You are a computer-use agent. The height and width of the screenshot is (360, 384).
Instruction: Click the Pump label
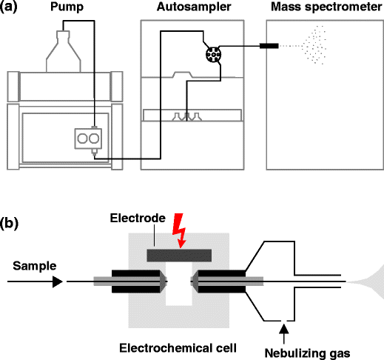[67, 7]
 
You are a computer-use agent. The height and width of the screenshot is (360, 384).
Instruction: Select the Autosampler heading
[194, 7]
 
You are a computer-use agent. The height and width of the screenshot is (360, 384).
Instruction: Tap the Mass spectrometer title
[326, 7]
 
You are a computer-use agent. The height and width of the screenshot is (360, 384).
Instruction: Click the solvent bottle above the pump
[64, 51]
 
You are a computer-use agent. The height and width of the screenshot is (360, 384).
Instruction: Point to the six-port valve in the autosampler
[213, 55]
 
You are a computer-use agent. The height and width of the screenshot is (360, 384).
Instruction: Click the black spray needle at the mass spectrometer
[269, 46]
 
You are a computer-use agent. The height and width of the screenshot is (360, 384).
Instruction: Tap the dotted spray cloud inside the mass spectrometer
[314, 45]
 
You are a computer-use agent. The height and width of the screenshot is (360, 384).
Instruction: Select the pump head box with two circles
[88, 139]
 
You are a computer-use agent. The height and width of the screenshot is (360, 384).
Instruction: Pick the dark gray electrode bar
[179, 256]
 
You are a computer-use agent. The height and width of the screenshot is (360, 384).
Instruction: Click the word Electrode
[138, 219]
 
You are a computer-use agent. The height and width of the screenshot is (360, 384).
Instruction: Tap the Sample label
[35, 266]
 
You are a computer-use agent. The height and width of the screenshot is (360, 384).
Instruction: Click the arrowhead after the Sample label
[58, 281]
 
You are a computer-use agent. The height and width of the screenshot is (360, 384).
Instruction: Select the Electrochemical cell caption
[178, 348]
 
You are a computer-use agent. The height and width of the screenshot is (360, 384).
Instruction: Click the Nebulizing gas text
[307, 353]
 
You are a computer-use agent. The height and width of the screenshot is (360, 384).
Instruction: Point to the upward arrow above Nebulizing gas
[284, 333]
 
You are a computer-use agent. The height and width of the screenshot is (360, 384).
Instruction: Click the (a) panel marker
[9, 7]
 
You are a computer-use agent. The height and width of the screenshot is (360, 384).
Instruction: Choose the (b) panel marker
[9, 224]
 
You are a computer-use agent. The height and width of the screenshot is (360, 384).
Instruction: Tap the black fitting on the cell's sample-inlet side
[137, 281]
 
